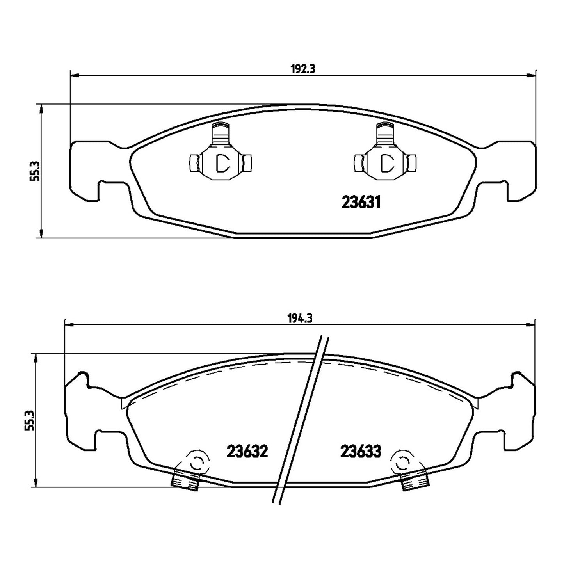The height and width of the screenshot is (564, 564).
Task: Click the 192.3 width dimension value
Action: pos(302,69)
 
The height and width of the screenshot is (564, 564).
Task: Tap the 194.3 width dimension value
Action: pos(300,318)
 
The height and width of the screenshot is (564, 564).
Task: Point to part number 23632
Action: pos(247,451)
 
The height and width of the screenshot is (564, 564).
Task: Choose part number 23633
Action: pos(361,451)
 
